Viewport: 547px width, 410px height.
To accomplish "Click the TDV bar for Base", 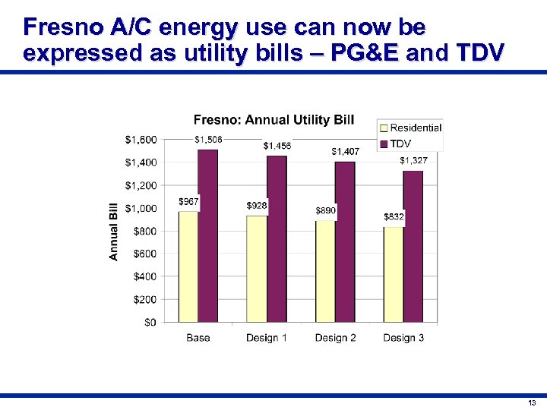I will tap(208, 235).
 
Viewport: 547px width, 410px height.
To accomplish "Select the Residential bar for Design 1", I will tap(257, 269).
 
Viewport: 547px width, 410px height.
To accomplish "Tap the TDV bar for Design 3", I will tap(413, 246).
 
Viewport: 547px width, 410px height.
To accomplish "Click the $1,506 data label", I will tap(208, 139).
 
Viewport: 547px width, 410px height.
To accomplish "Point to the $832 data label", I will tap(394, 217).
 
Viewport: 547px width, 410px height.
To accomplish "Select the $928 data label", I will tap(257, 206).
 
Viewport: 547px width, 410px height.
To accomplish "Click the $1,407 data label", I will tap(346, 152).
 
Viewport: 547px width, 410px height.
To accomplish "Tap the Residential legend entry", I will tap(415, 128).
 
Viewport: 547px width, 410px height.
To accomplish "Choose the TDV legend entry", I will tap(400, 143).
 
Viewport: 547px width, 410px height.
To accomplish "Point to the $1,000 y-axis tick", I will tap(141, 208).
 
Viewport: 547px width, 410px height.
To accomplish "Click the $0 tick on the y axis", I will tap(150, 322).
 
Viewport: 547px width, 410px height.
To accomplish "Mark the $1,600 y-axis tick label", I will tap(141, 140).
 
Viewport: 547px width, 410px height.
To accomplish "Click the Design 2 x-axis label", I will tap(335, 338).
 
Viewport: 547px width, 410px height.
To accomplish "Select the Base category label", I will tap(198, 338).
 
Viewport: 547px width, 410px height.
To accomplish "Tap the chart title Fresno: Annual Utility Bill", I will tap(273, 120).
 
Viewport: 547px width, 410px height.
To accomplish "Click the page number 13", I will tap(530, 402).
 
